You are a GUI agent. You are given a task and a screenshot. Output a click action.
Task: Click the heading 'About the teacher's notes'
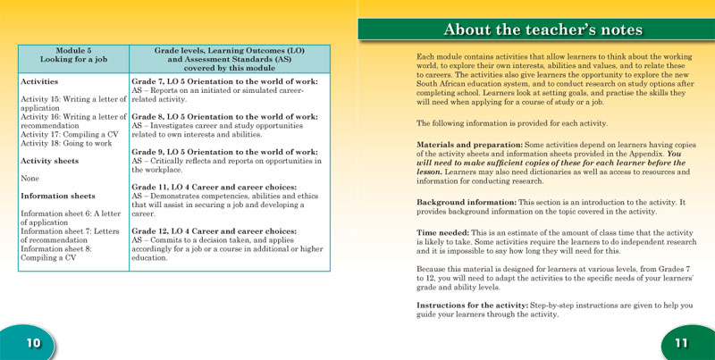point(535,29)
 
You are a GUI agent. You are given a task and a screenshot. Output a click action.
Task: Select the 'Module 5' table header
point(74,50)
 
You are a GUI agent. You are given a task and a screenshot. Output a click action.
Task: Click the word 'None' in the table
point(30,179)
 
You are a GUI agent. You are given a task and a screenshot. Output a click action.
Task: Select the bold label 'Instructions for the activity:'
point(473,306)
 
